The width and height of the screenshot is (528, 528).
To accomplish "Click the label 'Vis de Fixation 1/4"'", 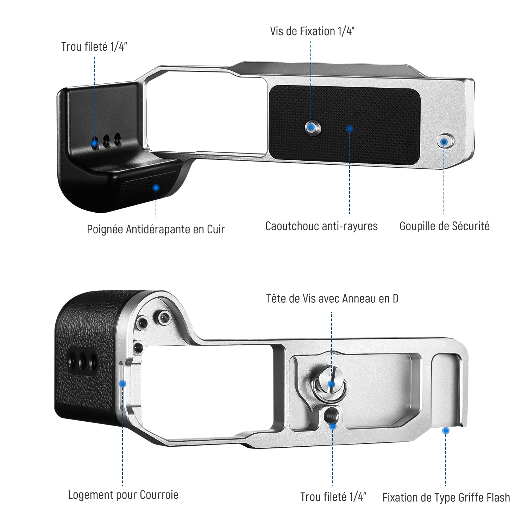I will (x=312, y=31).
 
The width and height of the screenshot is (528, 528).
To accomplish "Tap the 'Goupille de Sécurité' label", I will (x=444, y=226).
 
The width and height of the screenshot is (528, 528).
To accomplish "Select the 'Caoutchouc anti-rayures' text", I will (x=321, y=226).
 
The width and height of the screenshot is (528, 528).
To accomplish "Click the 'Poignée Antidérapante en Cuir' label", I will (x=156, y=229).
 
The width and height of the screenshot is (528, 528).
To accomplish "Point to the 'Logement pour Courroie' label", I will (x=123, y=495).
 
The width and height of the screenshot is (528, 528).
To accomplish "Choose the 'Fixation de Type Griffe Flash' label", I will (x=446, y=497).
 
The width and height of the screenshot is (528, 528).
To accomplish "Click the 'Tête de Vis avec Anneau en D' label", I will (x=332, y=298).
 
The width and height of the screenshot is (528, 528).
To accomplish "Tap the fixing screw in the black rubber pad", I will (x=312, y=127).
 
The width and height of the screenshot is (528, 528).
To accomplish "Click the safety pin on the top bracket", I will (x=445, y=142).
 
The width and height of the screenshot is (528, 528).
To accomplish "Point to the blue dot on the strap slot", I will (x=122, y=383).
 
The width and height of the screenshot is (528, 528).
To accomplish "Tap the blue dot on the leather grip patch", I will (x=156, y=188).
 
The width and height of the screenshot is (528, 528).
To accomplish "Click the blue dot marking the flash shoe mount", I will (x=446, y=430).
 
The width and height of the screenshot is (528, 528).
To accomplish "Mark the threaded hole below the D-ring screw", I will (x=332, y=417).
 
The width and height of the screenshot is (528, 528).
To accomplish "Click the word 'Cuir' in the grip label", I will (x=215, y=229).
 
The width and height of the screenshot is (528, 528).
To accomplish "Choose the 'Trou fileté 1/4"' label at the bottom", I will (x=333, y=497).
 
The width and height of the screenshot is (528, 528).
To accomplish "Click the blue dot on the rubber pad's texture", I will (x=350, y=128).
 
